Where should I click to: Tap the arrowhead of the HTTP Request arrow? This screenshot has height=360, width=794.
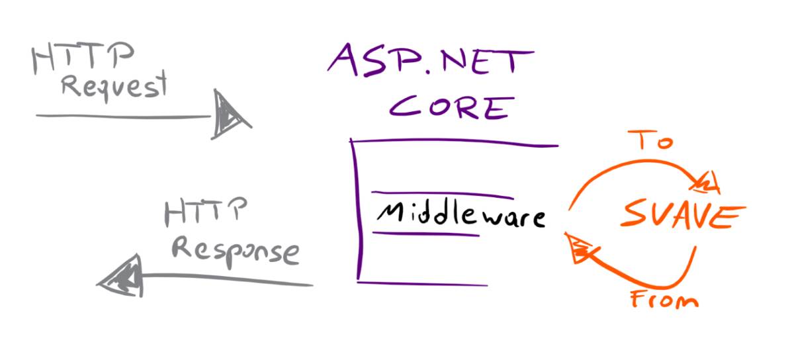pyautogui.click(x=228, y=116)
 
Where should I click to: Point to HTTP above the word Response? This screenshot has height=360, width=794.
pyautogui.click(x=205, y=213)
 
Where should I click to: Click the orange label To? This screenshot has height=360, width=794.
pyautogui.click(x=653, y=140)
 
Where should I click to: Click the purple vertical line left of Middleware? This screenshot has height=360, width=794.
pyautogui.click(x=358, y=212)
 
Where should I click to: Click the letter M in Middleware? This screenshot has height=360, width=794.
pyautogui.click(x=390, y=213)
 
